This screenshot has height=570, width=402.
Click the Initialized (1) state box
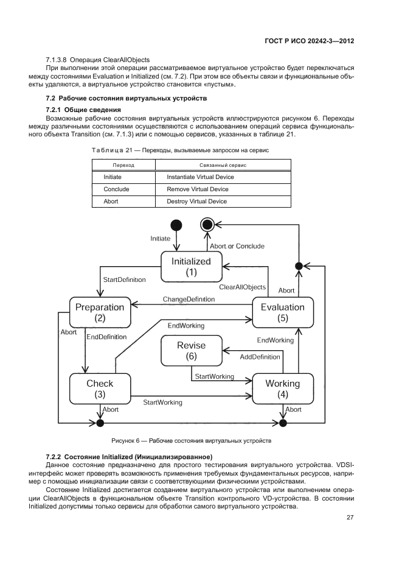point(191,267)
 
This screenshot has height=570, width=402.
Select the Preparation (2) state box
point(100,312)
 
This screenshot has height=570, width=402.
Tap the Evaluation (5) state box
point(282,312)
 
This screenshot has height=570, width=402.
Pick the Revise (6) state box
point(191,351)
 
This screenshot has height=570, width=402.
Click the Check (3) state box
point(100,389)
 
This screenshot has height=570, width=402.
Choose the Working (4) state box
point(282,389)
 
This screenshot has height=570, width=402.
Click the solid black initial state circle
point(176,225)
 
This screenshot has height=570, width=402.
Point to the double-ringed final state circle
point(207,225)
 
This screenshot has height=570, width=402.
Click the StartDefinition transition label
point(124,280)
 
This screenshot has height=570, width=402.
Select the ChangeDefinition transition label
point(189,299)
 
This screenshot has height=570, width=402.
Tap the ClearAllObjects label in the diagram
point(243,287)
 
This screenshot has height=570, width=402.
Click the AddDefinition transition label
point(260,356)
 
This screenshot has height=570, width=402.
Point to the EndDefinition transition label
point(106,337)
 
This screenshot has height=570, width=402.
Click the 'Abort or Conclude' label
point(237,246)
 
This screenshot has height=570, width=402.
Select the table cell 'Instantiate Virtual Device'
point(200,177)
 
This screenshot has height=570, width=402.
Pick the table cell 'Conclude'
point(116,189)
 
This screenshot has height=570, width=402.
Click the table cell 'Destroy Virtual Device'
point(196,202)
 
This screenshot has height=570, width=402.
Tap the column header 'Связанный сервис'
point(223,165)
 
